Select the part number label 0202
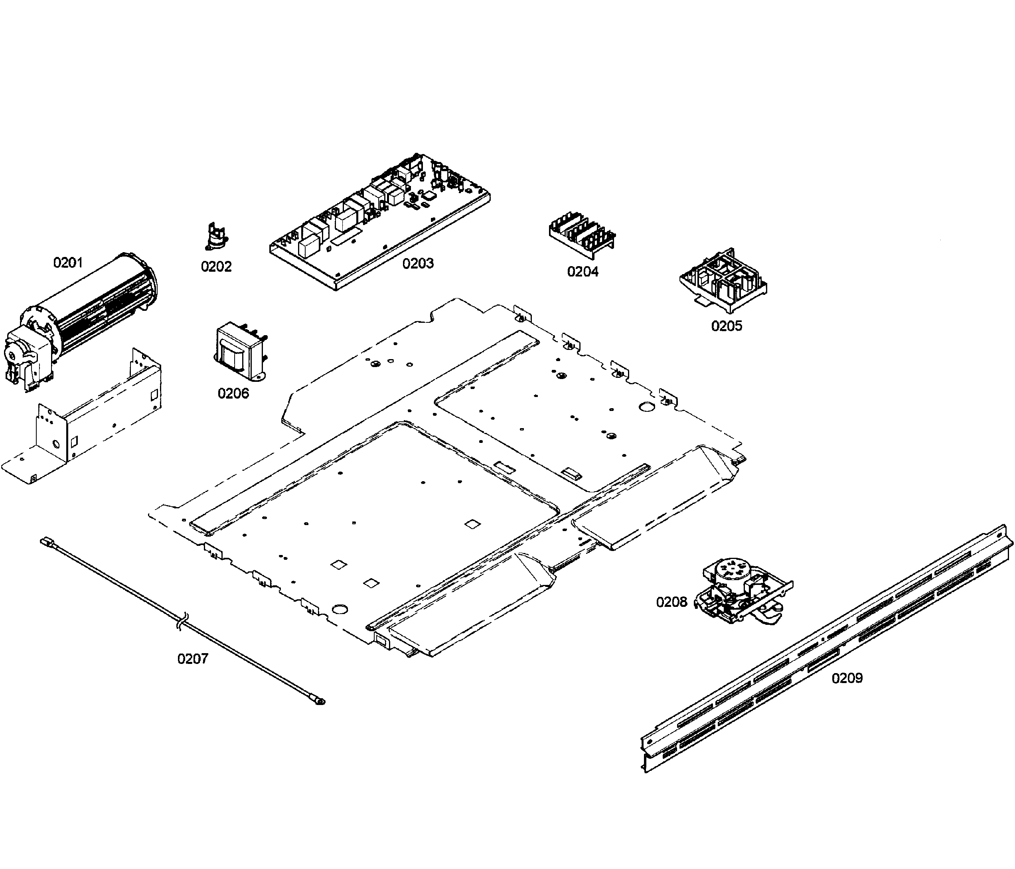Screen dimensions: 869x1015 [x=216, y=267]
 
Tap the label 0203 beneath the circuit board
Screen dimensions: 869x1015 [x=418, y=264]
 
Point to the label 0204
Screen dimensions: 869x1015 [x=583, y=271]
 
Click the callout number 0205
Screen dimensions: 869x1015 [x=727, y=326]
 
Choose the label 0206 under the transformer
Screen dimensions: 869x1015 [x=233, y=393]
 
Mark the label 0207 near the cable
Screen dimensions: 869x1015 [x=193, y=659]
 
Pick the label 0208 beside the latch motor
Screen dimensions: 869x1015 [x=671, y=602]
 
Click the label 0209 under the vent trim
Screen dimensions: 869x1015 [x=847, y=678]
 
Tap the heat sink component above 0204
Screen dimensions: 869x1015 [x=581, y=234]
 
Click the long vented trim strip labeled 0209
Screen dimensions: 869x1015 [x=828, y=647]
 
